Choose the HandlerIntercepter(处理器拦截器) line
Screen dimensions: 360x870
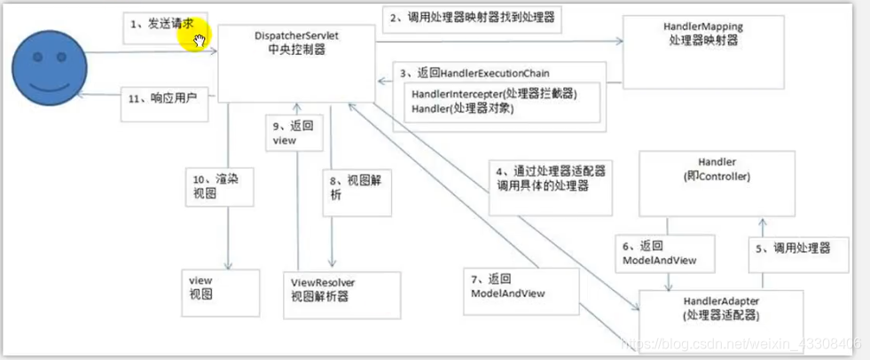(494, 93)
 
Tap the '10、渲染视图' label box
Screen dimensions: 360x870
(210, 184)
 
